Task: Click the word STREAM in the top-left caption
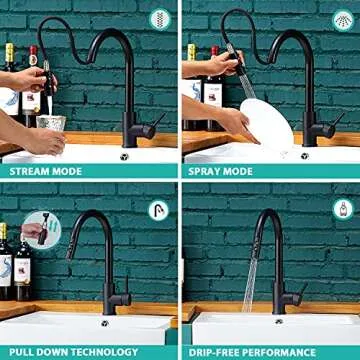(x=30, y=171)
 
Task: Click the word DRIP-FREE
(x=229, y=352)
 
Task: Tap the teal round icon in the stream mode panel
(x=159, y=20)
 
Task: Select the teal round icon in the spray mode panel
(x=341, y=20)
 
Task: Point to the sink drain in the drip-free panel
(x=279, y=321)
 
